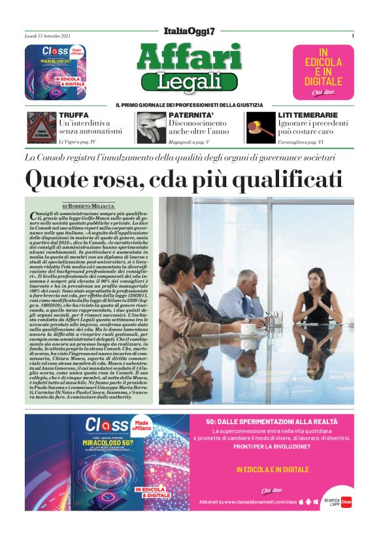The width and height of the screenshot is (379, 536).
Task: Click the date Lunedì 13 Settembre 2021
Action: pyautogui.click(x=46, y=36)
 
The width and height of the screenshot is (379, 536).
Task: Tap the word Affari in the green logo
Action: pyautogui.click(x=189, y=58)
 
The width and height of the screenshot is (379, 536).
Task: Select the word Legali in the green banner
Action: pyautogui.click(x=189, y=82)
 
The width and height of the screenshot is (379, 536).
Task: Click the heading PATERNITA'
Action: pyautogui.click(x=190, y=115)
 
